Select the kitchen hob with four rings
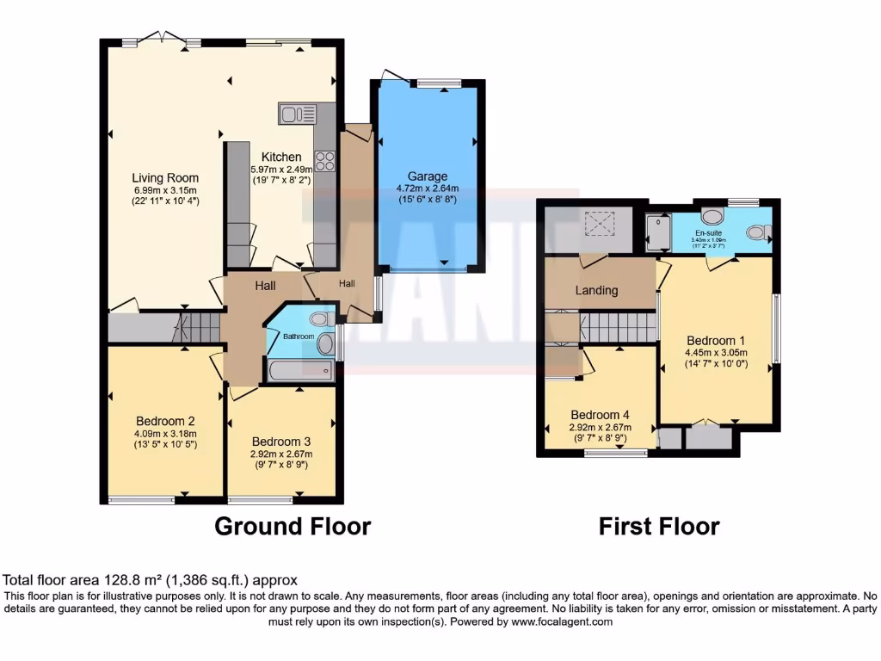[x=325, y=161]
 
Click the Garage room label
[x=428, y=176]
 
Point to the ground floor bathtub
[x=299, y=371]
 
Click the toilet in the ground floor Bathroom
[x=320, y=319]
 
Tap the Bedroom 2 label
[x=166, y=421]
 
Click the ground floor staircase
[x=198, y=328]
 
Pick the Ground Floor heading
[x=293, y=526]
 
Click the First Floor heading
[x=659, y=526]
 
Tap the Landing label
[x=596, y=290]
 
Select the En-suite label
[x=709, y=232]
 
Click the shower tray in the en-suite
[x=658, y=232]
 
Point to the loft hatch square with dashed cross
[x=596, y=224]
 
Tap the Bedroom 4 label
[x=600, y=413]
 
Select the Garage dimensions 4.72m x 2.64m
[x=428, y=188]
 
